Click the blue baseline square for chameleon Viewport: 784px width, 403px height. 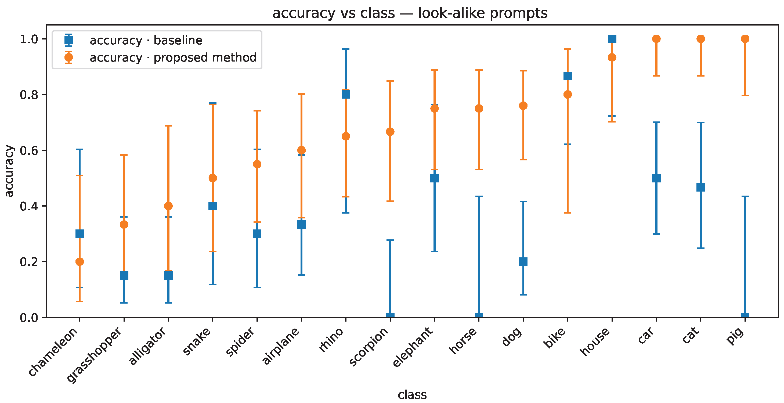click(x=80, y=234)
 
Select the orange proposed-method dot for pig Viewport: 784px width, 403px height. click(x=745, y=39)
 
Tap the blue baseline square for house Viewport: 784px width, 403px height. click(x=612, y=39)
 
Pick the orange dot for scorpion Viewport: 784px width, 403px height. click(x=390, y=131)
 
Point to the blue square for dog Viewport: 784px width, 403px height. click(x=523, y=261)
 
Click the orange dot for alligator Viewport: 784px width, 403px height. click(x=168, y=206)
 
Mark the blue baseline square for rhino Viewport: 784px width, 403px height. click(x=346, y=94)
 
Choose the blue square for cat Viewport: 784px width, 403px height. click(x=701, y=187)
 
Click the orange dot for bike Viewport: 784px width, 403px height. click(x=568, y=94)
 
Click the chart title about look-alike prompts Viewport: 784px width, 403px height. click(x=410, y=13)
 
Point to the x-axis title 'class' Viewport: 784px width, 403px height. click(x=412, y=394)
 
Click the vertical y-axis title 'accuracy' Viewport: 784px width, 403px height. click(x=9, y=171)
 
